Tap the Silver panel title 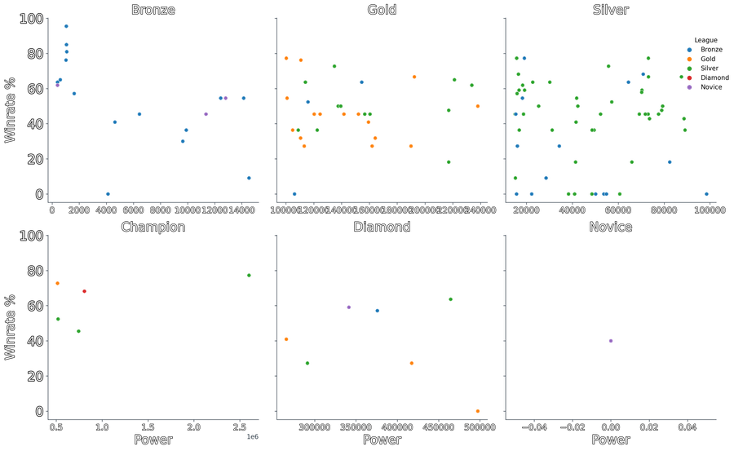click(x=611, y=9)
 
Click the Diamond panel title click(x=382, y=226)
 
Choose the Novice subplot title click(x=611, y=226)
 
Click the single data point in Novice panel click(x=610, y=341)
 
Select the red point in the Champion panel click(x=84, y=291)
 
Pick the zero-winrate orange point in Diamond click(x=477, y=411)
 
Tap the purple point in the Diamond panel click(x=348, y=307)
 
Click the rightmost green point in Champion click(x=249, y=276)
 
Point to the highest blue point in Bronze click(x=66, y=26)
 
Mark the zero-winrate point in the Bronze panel click(x=108, y=193)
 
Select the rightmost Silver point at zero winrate click(x=706, y=193)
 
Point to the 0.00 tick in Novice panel click(x=610, y=427)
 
